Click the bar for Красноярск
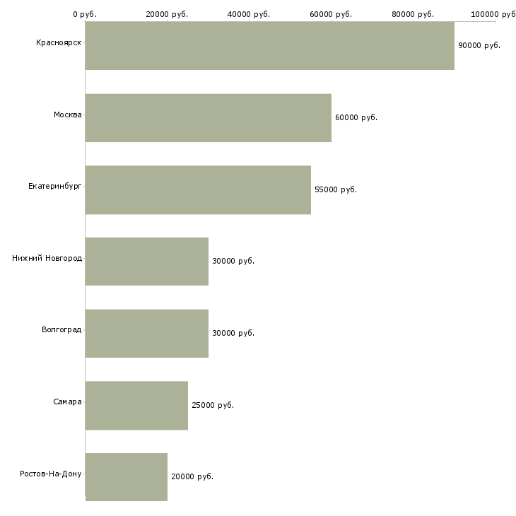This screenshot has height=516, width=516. [269, 46]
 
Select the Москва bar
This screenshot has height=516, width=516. [208, 118]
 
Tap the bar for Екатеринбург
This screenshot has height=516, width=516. [198, 189]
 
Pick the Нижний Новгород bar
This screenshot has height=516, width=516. [146, 262]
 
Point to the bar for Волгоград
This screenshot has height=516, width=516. [146, 333]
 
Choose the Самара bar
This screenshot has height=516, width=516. [136, 405]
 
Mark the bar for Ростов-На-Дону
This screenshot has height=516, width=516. [126, 476]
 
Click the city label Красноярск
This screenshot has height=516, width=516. [59, 43]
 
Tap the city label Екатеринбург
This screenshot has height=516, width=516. [55, 187]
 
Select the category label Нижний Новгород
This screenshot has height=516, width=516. [47, 259]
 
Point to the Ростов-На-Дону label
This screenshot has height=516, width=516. [51, 474]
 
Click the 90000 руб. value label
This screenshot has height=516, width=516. [479, 45]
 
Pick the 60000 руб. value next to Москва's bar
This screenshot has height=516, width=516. [356, 117]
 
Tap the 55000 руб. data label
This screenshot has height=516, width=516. [335, 189]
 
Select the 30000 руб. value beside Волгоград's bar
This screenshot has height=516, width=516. [233, 333]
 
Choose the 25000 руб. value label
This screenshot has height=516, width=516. [212, 405]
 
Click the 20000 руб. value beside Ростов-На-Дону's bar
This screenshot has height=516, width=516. [192, 476]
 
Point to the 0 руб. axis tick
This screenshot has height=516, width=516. [85, 14]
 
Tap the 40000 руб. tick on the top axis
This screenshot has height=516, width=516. [249, 14]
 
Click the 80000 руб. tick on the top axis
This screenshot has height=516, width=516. [413, 14]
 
